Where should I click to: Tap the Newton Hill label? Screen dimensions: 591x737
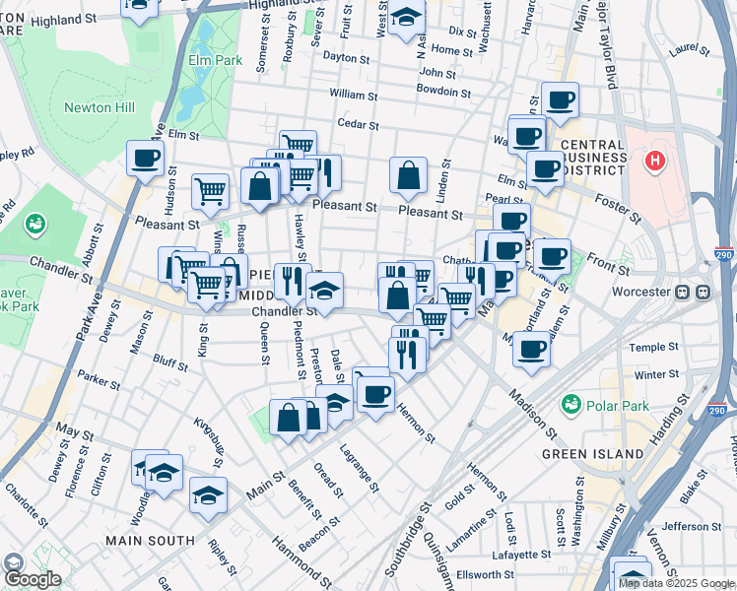pos(99,107)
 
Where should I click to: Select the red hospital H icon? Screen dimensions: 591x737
pos(653,160)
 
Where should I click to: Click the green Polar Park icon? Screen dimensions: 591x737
pos(569,404)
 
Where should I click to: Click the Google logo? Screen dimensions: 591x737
pos(32,579)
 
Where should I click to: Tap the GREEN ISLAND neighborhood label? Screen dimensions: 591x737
pos(594,454)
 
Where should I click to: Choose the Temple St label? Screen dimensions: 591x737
pos(647,348)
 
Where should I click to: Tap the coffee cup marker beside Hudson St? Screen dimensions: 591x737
pos(145,158)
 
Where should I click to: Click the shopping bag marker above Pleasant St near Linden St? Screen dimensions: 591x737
pos(408,175)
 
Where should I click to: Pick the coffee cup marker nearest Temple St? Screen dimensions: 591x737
pos(532,348)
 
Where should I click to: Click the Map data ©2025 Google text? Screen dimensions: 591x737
pos(677,583)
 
